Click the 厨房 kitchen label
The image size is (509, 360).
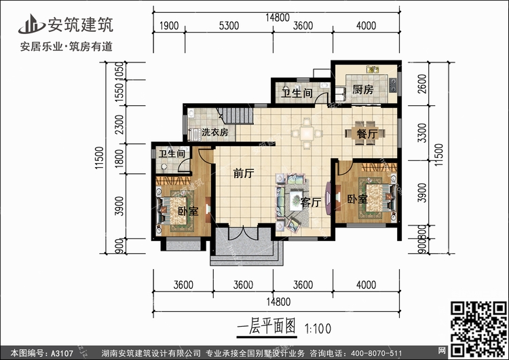[363, 90]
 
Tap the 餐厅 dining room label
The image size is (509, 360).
[366, 134]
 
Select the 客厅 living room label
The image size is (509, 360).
[311, 202]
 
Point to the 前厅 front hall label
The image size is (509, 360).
[244, 173]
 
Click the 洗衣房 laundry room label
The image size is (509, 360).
[214, 132]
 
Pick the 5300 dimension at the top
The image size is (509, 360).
[229, 26]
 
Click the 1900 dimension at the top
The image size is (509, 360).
[169, 26]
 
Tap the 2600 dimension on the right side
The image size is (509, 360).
[422, 84]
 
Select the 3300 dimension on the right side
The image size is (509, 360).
[422, 132]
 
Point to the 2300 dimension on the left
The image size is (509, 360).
[119, 124]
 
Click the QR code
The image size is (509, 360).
[478, 329]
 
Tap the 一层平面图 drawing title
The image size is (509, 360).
[266, 326]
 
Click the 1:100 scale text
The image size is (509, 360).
[318, 329]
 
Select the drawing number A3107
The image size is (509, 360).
[62, 353]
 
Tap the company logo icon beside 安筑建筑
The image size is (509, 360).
[31, 24]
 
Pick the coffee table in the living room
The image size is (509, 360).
[297, 200]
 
